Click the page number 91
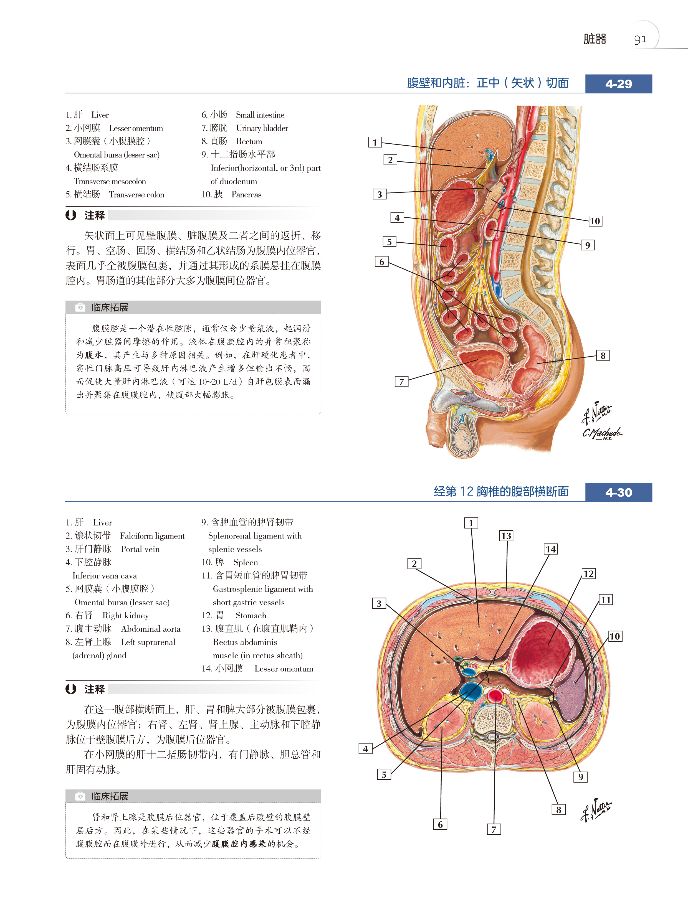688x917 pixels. pyautogui.click(x=640, y=39)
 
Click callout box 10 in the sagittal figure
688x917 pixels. pyautogui.click(x=595, y=221)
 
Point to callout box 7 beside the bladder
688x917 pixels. pyautogui.click(x=401, y=381)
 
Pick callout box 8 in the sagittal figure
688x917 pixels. pyautogui.click(x=603, y=355)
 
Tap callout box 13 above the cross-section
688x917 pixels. pyautogui.click(x=506, y=536)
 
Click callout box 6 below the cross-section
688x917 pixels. pyautogui.click(x=440, y=824)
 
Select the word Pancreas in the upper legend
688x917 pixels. pyautogui.click(x=246, y=194)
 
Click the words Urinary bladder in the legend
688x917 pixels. pyautogui.click(x=262, y=128)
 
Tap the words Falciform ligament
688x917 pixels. pyautogui.click(x=152, y=536)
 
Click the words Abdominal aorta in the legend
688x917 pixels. pyautogui.click(x=151, y=629)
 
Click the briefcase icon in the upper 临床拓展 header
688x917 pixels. pyautogui.click(x=80, y=307)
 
